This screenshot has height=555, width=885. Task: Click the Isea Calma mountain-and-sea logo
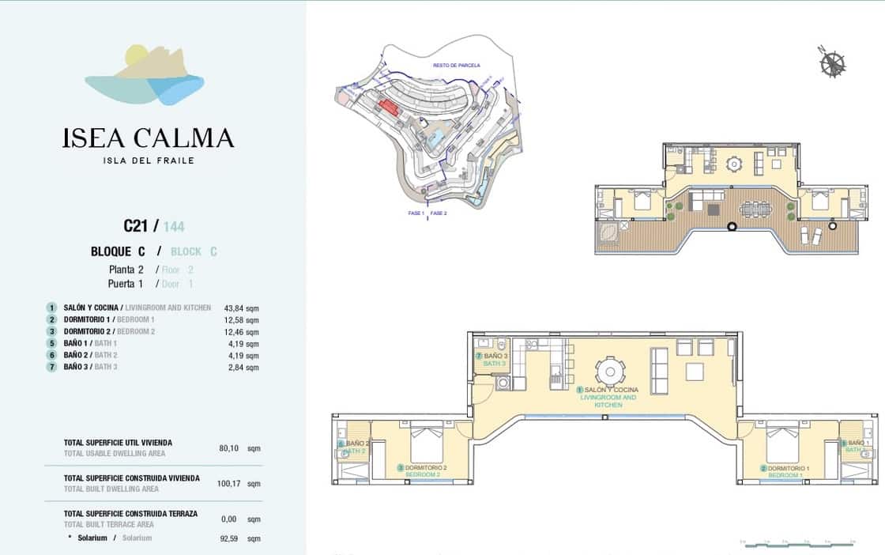click(x=145, y=76)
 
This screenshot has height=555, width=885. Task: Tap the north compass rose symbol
click(x=831, y=62)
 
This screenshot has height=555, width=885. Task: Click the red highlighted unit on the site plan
click(x=388, y=108)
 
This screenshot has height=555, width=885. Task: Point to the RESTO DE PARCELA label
click(x=456, y=66)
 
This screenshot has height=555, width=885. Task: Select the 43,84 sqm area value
click(x=241, y=308)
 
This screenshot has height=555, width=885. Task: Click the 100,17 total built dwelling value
click(x=228, y=483)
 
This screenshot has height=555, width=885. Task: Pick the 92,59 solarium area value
click(x=228, y=538)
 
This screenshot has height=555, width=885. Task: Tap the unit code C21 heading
click(x=136, y=226)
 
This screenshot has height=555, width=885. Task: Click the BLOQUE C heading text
click(x=118, y=251)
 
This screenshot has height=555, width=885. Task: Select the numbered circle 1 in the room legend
click(x=51, y=308)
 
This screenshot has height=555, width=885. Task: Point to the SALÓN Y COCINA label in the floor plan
click(x=611, y=391)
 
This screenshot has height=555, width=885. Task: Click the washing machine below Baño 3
click(x=503, y=383)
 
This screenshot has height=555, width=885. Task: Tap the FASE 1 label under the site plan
click(x=416, y=213)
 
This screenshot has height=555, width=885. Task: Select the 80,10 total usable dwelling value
click(x=228, y=448)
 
